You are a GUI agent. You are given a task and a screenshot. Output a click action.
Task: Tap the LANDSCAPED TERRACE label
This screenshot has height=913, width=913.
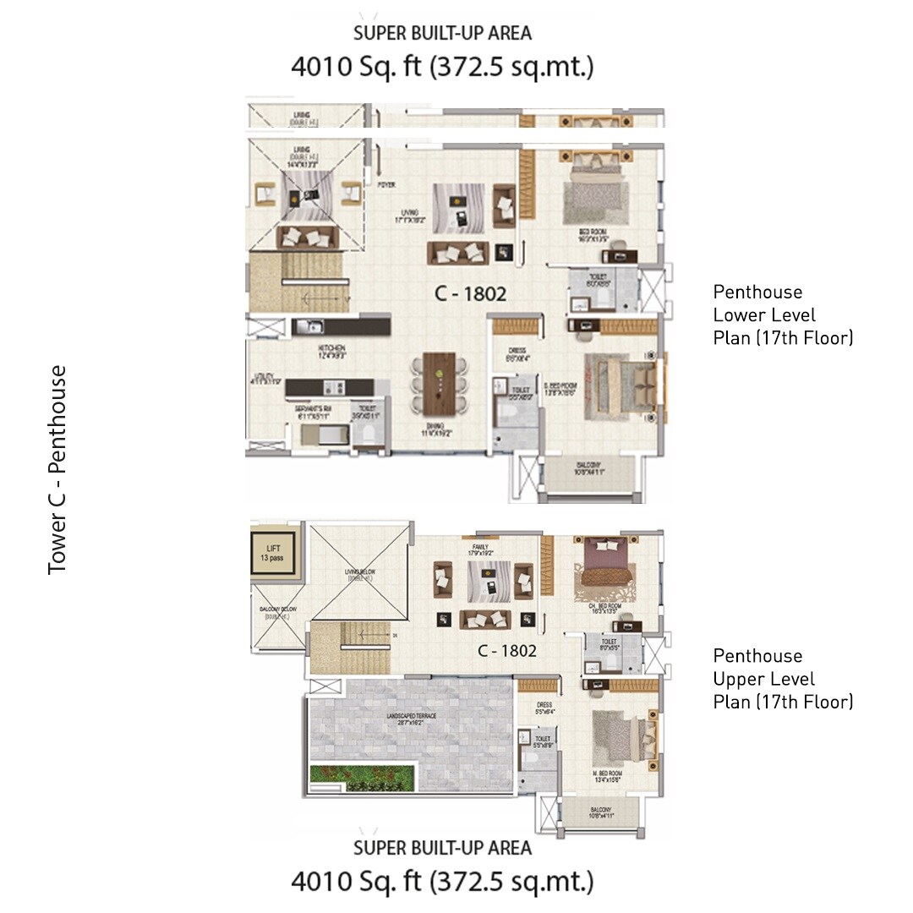412,719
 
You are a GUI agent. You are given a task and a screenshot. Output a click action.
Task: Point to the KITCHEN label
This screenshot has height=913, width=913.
331,352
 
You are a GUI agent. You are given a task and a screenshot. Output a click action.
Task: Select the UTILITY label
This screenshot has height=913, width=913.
262,380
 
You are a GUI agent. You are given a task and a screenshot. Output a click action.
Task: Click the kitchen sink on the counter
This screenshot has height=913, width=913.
309,326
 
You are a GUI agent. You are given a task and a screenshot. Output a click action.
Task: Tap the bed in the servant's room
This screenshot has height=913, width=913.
322,435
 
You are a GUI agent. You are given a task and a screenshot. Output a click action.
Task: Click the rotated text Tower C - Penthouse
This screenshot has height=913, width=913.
57,470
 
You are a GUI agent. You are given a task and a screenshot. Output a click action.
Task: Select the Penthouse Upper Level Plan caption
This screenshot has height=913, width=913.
783,679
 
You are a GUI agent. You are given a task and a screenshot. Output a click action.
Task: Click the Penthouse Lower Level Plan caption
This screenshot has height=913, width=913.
783,315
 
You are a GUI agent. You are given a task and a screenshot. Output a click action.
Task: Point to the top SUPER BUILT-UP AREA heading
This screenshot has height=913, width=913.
442,34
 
